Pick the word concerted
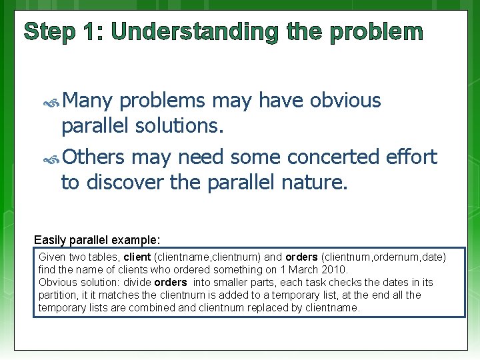334,157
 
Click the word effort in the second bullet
412,157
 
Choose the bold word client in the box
137,257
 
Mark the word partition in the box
58,295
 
